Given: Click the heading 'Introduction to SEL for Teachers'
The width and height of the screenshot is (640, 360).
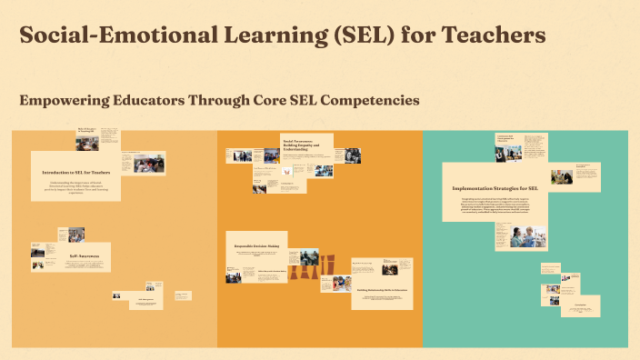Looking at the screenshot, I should [x=75, y=171].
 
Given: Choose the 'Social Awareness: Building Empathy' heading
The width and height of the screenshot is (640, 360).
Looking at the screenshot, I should [x=305, y=145].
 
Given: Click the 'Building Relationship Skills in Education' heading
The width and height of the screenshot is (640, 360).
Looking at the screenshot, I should [x=382, y=289].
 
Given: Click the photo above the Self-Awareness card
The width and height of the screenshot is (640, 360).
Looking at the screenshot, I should [x=76, y=235].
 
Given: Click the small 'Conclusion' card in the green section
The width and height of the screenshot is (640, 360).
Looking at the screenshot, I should [x=578, y=306].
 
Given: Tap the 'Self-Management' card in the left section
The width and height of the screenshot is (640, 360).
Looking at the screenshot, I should [x=146, y=300].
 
